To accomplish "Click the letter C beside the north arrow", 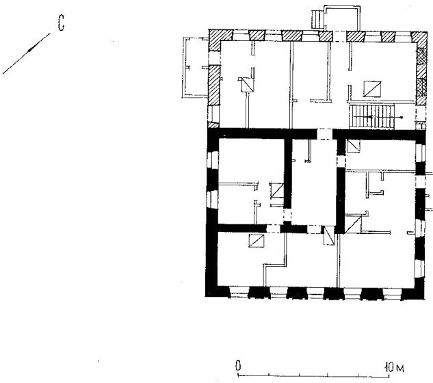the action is click(x=62, y=23).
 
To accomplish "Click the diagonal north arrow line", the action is click(x=26, y=53).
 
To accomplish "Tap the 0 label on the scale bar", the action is click(x=238, y=366).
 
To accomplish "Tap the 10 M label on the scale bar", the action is click(x=394, y=367).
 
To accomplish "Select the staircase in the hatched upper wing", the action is click(x=371, y=116).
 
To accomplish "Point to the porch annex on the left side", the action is click(x=195, y=68).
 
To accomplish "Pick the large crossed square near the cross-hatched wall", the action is click(x=372, y=89).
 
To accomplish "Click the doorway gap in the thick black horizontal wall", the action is click(x=324, y=134).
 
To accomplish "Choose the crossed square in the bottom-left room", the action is click(x=257, y=241).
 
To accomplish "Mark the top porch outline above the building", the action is click(x=342, y=18).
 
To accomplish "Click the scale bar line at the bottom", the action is click(x=314, y=375).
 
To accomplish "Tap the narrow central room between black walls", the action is click(x=314, y=182).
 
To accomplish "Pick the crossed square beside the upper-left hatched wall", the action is click(x=246, y=85).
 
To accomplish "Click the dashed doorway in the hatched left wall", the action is click(x=214, y=58).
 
